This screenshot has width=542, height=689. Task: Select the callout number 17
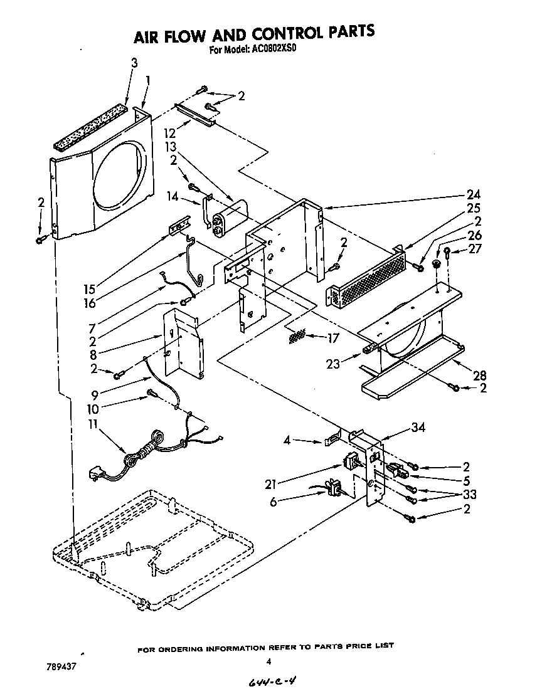tap(332, 338)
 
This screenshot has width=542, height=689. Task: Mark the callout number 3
tap(134, 62)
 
